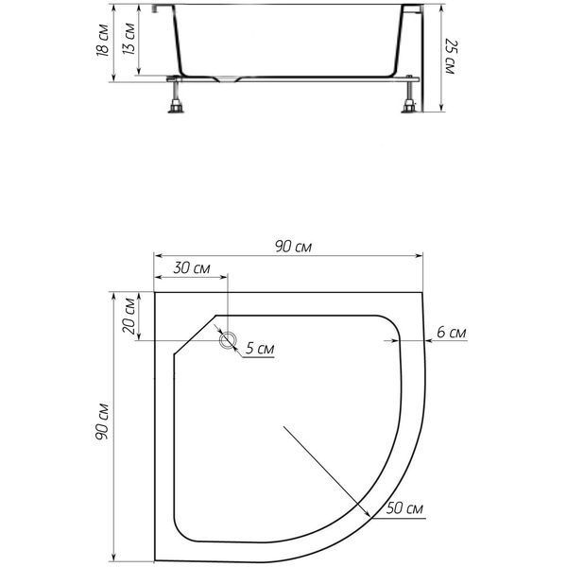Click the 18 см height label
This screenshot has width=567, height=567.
tap(103, 40)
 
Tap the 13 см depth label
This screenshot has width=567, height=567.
tap(129, 39)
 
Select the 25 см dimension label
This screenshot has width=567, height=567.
tap(451, 56)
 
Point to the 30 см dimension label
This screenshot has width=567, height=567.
tap(191, 268)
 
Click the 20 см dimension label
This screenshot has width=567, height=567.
tap(129, 316)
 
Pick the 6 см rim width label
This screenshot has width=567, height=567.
tap(452, 332)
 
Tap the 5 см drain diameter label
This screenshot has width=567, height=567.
tap(260, 348)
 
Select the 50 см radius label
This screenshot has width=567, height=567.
tap(404, 508)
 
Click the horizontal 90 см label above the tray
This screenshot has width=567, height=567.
tap(293, 247)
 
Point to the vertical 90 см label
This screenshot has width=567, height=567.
tap(102, 421)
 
